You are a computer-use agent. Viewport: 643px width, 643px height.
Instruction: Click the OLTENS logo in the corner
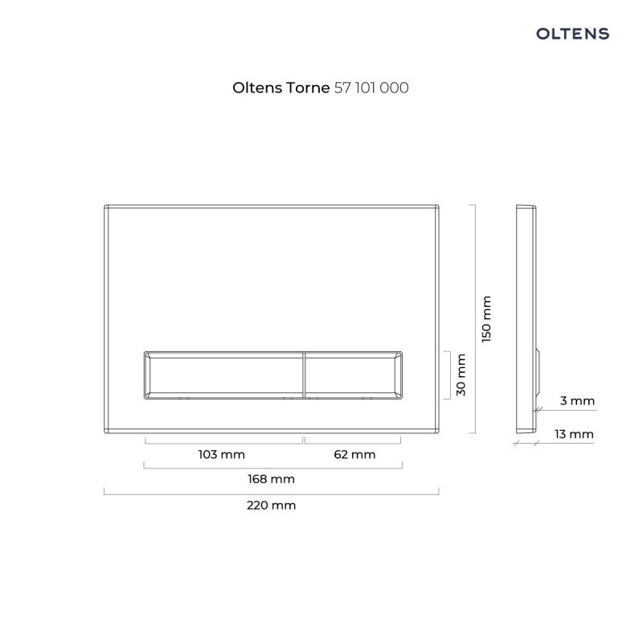pyautogui.click(x=572, y=34)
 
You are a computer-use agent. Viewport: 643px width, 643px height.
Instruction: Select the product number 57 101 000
pyautogui.click(x=371, y=88)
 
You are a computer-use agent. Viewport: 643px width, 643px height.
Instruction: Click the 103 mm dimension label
pyautogui.click(x=221, y=455)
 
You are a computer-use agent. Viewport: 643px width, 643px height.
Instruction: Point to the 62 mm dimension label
pyautogui.click(x=354, y=455)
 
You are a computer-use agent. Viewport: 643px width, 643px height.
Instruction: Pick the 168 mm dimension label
pyautogui.click(x=272, y=480)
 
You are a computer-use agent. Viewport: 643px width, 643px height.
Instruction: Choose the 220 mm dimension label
pyautogui.click(x=272, y=506)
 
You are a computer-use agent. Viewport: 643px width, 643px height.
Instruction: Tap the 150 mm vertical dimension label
pyautogui.click(x=485, y=319)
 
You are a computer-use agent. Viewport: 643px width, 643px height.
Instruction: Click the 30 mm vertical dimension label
pyautogui.click(x=461, y=375)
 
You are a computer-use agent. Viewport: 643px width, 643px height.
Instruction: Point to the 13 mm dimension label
pyautogui.click(x=574, y=435)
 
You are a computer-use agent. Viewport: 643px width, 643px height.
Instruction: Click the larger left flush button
pyautogui.click(x=223, y=375)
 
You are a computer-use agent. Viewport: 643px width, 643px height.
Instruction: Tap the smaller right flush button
pyautogui.click(x=352, y=375)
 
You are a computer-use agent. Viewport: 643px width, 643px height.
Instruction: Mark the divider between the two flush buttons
pyautogui.click(x=304, y=375)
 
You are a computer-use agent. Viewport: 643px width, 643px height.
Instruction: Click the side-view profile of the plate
pyautogui.click(x=526, y=305)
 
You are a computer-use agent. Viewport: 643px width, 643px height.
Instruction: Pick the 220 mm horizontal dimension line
pyautogui.click(x=272, y=493)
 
